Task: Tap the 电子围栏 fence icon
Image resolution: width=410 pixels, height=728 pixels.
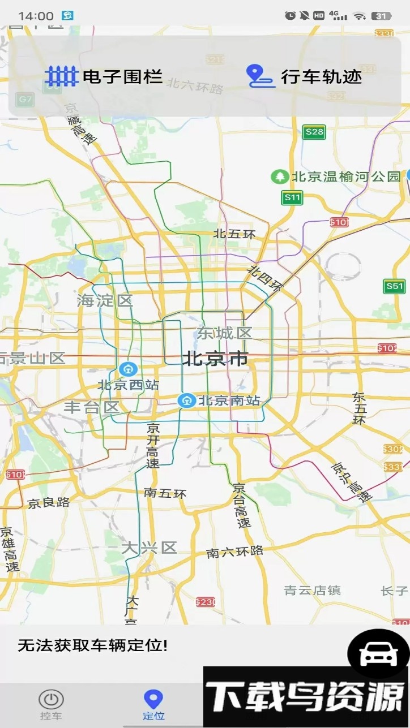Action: point(61,76)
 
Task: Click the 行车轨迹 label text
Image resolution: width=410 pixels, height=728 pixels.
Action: point(321,76)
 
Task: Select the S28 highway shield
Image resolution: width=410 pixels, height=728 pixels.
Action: point(314,132)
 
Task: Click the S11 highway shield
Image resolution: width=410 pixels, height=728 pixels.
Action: point(292,197)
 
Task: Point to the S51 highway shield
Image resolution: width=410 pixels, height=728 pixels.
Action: point(394,286)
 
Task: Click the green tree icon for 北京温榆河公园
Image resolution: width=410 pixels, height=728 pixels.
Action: point(279,176)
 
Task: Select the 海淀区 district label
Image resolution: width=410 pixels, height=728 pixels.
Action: point(105,300)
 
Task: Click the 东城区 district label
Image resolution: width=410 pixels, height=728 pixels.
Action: point(224,333)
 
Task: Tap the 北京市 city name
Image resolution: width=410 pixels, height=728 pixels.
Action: point(215,359)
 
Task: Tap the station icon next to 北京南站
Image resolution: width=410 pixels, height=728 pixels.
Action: point(186,400)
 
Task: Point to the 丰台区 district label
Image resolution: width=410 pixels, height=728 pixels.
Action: point(91,407)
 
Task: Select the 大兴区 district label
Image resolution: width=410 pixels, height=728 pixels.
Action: point(150,548)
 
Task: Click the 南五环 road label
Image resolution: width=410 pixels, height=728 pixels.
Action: point(165,493)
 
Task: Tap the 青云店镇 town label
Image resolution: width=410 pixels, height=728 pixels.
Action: point(312,591)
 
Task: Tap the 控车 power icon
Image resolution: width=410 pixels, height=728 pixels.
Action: point(51,699)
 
